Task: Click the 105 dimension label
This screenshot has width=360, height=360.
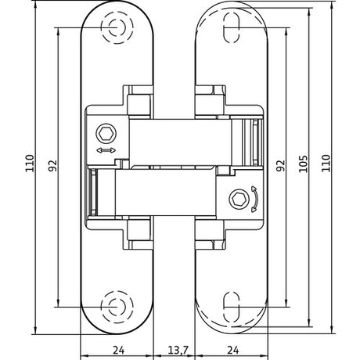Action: tap(303, 164)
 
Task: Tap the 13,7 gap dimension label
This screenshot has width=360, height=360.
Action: tap(178, 350)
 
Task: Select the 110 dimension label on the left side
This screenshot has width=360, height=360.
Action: tap(30, 164)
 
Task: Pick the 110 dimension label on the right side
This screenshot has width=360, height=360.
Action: tap(326, 164)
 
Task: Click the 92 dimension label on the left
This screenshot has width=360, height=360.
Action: tap(52, 165)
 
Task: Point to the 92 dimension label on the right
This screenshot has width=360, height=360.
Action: tap(281, 165)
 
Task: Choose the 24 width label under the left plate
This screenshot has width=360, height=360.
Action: tap(119, 350)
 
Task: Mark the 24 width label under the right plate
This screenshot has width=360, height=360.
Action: tap(233, 350)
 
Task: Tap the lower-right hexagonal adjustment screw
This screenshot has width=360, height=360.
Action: tap(239, 200)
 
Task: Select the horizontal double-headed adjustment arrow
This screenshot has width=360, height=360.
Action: tap(106, 150)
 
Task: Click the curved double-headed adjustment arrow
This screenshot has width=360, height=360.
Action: tap(255, 200)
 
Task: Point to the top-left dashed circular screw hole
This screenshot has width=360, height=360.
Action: tap(117, 27)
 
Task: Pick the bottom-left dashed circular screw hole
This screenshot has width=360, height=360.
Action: tap(117, 307)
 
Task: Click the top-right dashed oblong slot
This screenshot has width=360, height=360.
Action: tap(232, 27)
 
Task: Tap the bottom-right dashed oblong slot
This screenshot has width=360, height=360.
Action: tap(232, 307)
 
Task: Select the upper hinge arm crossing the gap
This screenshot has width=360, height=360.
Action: tap(180, 142)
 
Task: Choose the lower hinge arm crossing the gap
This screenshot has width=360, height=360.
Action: tap(166, 193)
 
